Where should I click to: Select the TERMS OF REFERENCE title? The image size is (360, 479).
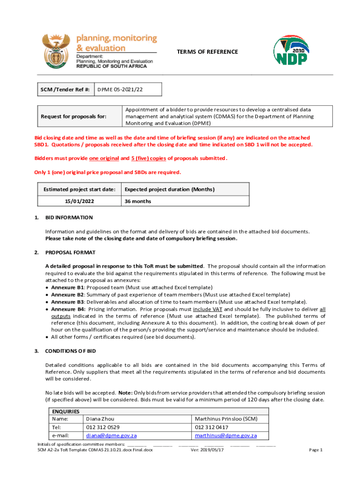(x=207, y=52)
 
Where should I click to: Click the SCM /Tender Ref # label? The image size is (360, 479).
(x=65, y=89)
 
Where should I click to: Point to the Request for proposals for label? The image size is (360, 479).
(x=73, y=116)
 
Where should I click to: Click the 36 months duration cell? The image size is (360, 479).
(x=138, y=201)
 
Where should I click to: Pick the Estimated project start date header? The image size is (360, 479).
(x=79, y=189)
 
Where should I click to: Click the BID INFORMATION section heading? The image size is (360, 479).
(x=69, y=218)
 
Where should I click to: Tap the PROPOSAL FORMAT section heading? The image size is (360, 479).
(x=70, y=253)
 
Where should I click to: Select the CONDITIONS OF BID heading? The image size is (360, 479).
(x=70, y=350)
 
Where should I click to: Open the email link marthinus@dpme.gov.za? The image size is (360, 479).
(x=226, y=435)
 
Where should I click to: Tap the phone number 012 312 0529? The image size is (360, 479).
(x=102, y=427)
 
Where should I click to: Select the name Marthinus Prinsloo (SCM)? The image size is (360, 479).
(x=226, y=419)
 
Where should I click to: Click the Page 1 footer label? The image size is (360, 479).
(x=316, y=450)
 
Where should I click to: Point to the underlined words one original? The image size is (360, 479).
(x=104, y=158)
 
